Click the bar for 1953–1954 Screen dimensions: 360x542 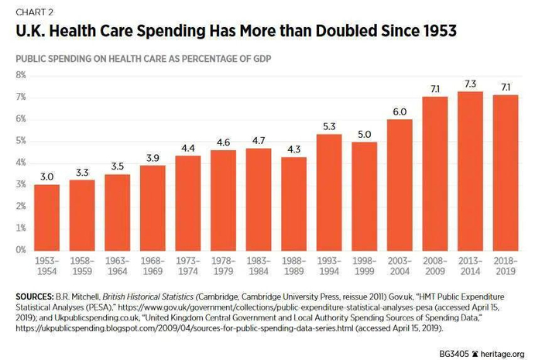(47, 217)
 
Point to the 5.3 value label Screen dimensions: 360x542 (329, 125)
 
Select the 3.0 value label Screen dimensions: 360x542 (47, 176)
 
